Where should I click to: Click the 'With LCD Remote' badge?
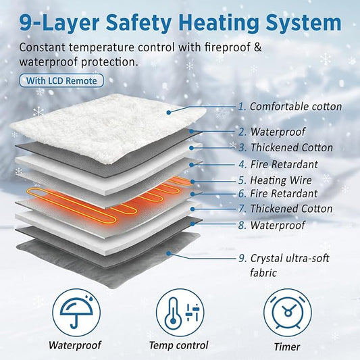click(x=61, y=80)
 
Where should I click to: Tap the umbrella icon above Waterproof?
click(x=76, y=313)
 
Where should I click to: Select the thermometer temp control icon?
click(x=180, y=313)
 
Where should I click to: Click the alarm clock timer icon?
click(x=288, y=313)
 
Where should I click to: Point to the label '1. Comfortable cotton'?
click(x=290, y=107)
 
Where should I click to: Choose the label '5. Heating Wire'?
click(x=275, y=180)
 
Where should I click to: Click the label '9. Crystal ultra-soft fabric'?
click(x=284, y=265)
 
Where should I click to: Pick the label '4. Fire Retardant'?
click(x=278, y=164)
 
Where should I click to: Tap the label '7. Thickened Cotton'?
click(x=286, y=209)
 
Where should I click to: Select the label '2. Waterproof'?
click(x=272, y=132)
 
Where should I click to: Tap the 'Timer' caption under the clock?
click(x=287, y=346)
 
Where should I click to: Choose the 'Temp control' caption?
click(x=178, y=345)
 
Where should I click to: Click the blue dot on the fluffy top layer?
click(x=169, y=112)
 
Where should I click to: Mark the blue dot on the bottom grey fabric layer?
click(x=168, y=253)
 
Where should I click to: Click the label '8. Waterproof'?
click(x=272, y=225)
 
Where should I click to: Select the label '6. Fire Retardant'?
click(x=278, y=194)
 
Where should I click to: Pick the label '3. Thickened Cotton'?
click(x=286, y=147)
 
